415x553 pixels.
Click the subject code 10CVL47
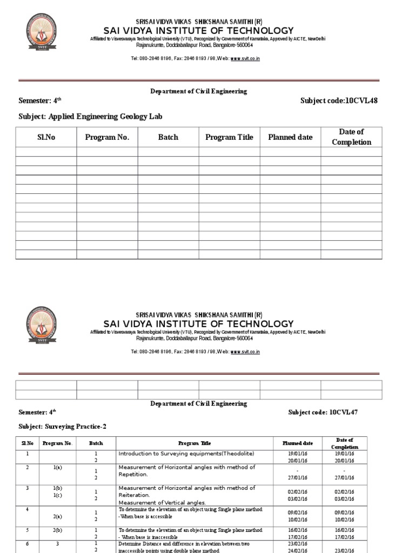tap(343, 412)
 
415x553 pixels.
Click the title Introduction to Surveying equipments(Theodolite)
tap(186, 453)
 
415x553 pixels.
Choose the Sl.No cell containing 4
tap(27, 509)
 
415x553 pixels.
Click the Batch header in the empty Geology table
tap(168, 137)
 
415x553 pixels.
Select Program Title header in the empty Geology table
tap(229, 137)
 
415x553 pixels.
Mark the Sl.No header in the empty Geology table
tap(46, 137)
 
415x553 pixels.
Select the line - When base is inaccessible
tap(153, 538)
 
